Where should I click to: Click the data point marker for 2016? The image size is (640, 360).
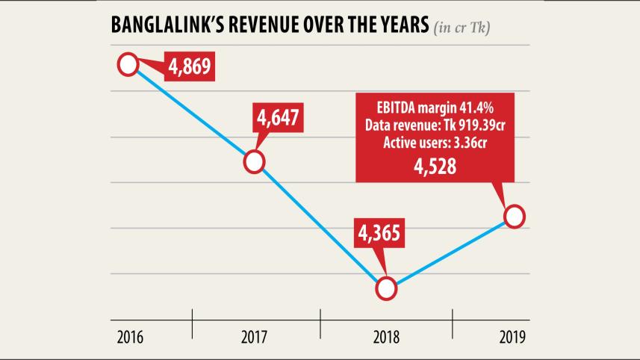[x=128, y=65]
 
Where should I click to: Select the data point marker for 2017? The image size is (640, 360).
[x=255, y=161]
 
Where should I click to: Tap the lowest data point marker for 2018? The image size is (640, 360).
[x=386, y=288]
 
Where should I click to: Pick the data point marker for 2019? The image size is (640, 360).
[x=515, y=217]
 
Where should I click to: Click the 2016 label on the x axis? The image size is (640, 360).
[x=131, y=337]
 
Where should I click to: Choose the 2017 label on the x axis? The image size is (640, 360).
[x=255, y=337]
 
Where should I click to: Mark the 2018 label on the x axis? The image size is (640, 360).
[x=386, y=337]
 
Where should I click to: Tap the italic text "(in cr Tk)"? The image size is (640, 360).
[x=466, y=28]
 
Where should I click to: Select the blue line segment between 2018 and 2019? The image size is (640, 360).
[x=450, y=252]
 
